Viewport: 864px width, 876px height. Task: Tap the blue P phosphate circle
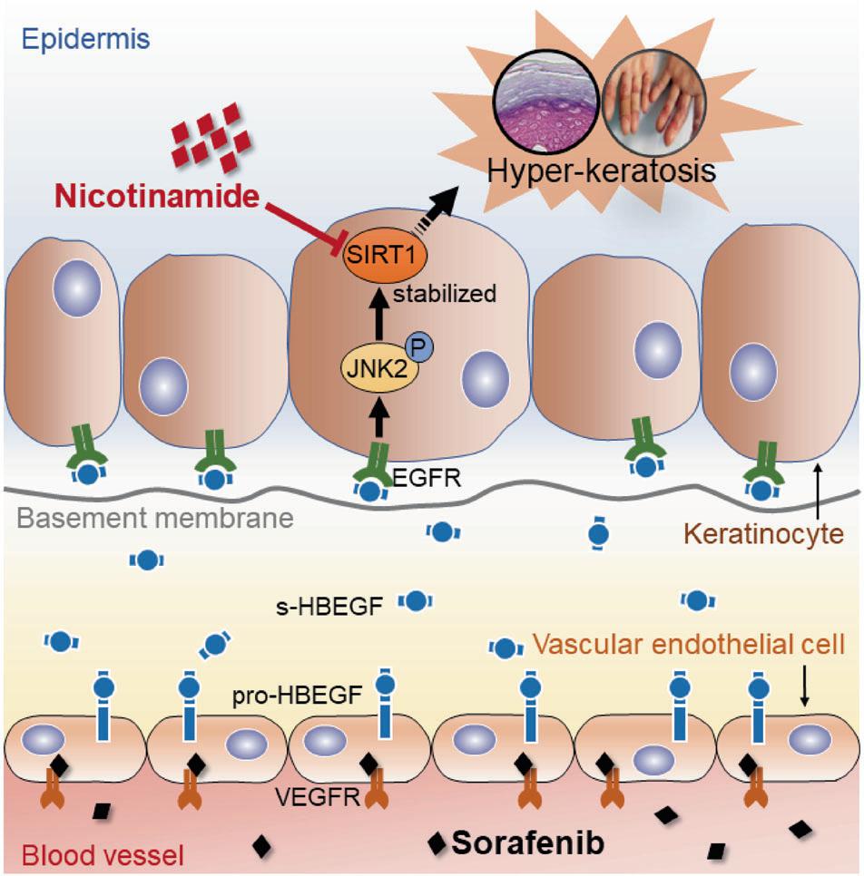click(419, 346)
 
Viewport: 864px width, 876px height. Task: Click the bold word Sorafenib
click(528, 842)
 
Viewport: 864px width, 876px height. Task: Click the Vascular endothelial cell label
click(689, 646)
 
